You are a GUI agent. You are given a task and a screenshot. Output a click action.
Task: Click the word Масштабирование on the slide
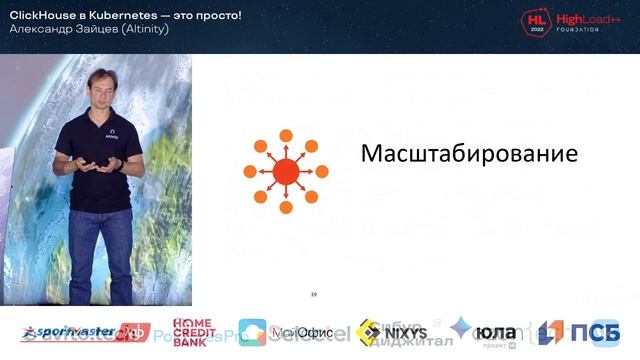469,155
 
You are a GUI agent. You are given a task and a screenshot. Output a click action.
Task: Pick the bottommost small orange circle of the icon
286,207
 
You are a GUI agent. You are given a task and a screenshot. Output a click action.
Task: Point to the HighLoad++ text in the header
585,19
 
